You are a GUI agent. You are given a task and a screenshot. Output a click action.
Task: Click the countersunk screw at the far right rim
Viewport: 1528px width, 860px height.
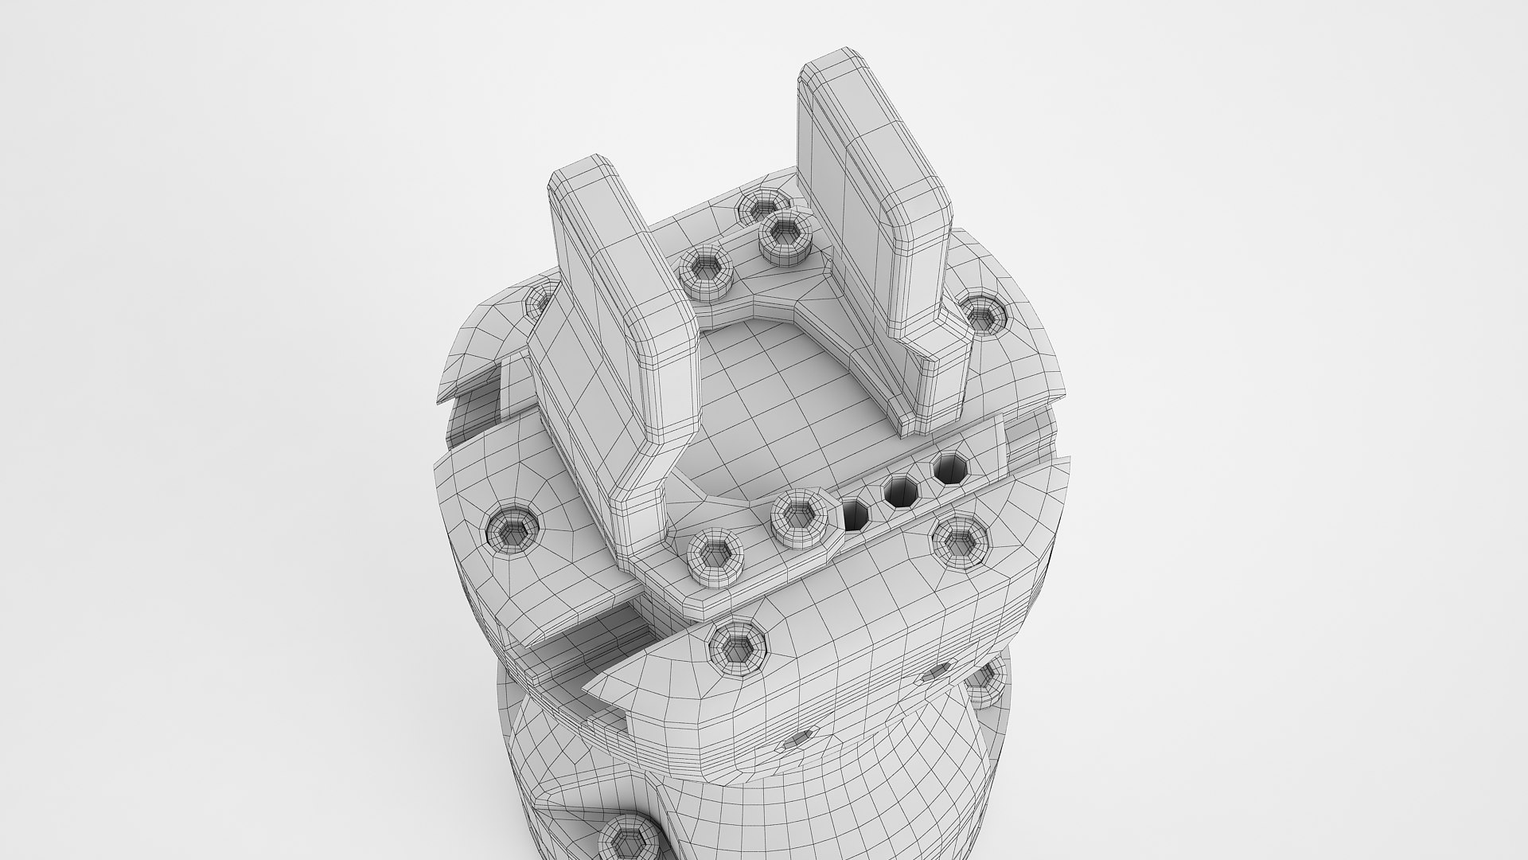(984, 317)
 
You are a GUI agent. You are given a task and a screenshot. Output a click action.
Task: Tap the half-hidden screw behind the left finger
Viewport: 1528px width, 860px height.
(535, 299)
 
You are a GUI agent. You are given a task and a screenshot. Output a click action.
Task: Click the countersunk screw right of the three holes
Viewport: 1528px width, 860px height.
(961, 542)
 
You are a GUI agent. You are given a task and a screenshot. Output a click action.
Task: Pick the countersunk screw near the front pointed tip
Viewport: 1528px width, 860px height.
(738, 642)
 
